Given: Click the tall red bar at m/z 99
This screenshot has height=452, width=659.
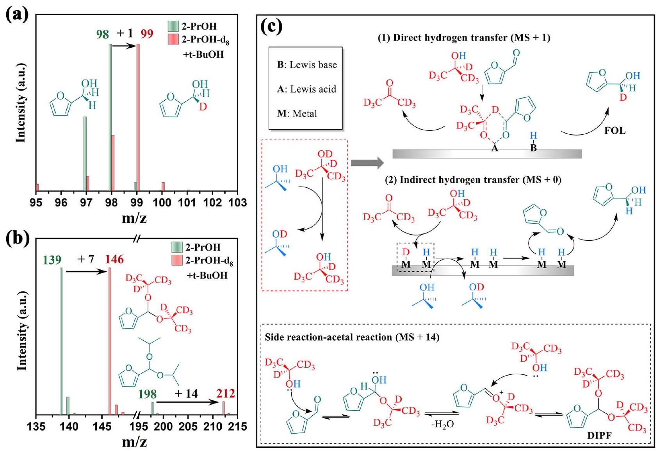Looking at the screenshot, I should (x=138, y=117).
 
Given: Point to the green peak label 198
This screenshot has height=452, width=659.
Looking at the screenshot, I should (x=147, y=394).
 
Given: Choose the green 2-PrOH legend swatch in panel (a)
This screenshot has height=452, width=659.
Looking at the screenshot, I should (x=173, y=26).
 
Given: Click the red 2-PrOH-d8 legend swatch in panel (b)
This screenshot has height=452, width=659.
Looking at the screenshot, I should (x=177, y=260).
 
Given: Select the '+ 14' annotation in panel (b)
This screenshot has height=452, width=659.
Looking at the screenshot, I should (x=186, y=393).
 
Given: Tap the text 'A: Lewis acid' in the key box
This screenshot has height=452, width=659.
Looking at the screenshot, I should (x=306, y=89).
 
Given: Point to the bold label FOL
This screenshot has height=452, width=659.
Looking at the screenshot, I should (x=615, y=131).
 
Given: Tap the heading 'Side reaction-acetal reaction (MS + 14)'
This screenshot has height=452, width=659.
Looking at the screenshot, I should (x=352, y=337).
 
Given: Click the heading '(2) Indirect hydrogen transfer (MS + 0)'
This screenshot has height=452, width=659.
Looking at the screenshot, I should (x=473, y=180).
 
